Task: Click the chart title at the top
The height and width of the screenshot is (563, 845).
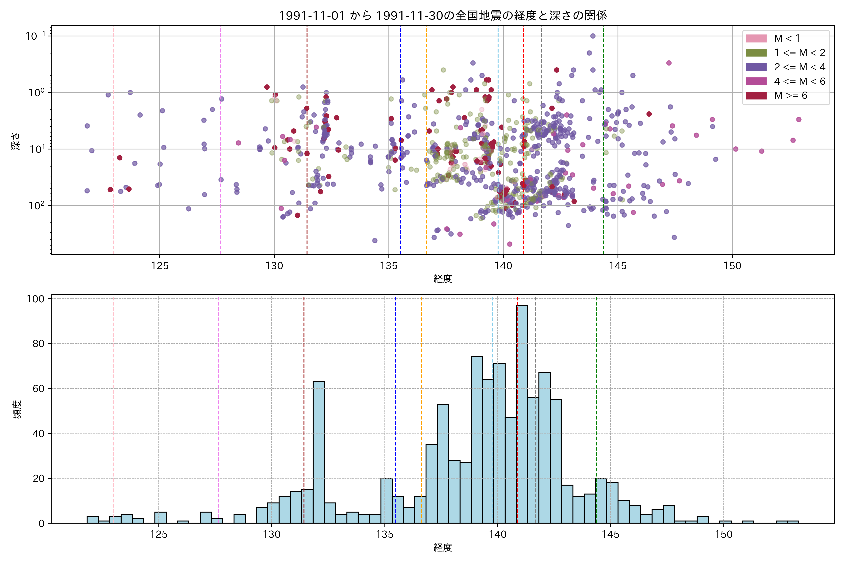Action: [443, 15]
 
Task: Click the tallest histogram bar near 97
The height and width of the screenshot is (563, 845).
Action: [522, 413]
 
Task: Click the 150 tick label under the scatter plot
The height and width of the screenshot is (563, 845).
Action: [732, 266]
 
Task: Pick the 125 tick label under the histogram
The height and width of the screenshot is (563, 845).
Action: [159, 535]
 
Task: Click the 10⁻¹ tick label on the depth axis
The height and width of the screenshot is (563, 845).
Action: [35, 36]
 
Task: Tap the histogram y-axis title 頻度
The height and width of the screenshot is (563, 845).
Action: [17, 409]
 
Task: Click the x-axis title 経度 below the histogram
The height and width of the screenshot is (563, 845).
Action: [443, 548]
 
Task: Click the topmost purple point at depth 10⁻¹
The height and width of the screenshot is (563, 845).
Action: [593, 36]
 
